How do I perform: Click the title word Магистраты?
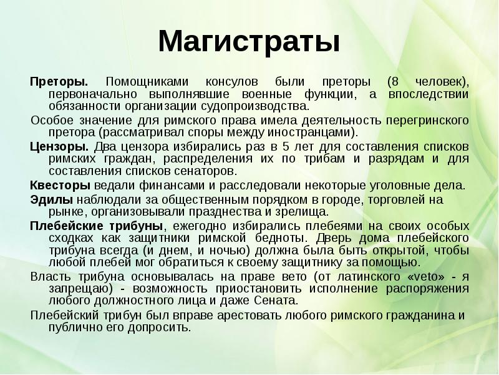click(x=249, y=42)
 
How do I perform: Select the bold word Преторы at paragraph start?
click(x=59, y=82)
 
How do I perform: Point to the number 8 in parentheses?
click(x=392, y=82)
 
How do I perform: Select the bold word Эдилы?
click(x=51, y=201)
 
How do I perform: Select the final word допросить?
click(x=163, y=326)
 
